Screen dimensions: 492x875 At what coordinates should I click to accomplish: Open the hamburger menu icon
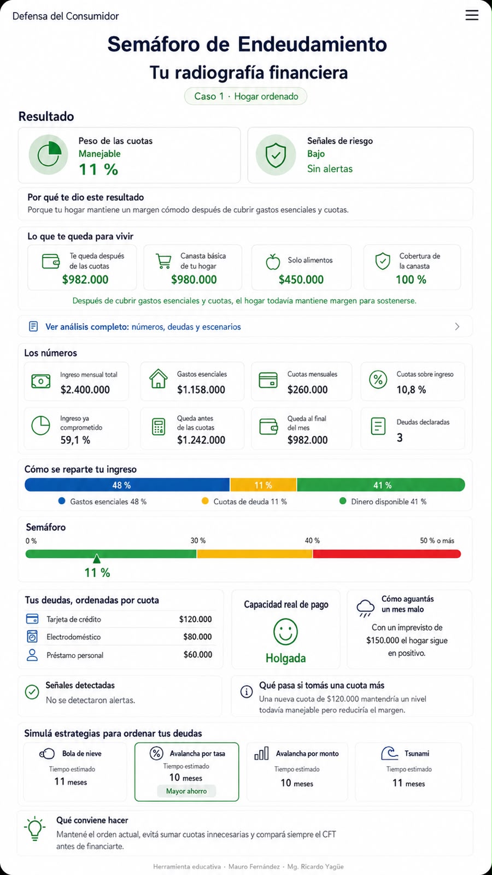point(472,15)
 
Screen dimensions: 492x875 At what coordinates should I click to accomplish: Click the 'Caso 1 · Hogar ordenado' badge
point(245,96)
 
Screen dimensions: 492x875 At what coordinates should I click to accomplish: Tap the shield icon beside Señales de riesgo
point(276,155)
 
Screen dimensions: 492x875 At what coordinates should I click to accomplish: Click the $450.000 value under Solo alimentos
point(301,279)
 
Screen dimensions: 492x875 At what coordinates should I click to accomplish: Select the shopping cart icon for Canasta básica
point(163,261)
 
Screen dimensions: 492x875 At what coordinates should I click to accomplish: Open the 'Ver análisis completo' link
point(143,326)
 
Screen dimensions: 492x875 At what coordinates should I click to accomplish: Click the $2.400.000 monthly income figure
point(85,389)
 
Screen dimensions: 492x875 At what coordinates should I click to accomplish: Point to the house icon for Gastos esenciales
point(158,378)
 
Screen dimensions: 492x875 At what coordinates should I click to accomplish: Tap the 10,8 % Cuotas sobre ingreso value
point(411,389)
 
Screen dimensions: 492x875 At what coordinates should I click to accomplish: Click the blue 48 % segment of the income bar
point(127,485)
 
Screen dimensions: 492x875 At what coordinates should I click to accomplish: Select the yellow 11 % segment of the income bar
point(263,485)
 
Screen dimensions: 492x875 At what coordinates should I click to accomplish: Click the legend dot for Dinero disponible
point(343,501)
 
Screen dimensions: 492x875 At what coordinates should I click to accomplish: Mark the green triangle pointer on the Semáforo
point(96,558)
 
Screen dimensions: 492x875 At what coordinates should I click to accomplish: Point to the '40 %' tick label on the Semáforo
point(312,541)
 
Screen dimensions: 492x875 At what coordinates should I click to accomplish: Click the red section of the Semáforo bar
point(387,553)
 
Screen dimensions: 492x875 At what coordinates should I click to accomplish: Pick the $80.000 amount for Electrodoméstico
point(197,637)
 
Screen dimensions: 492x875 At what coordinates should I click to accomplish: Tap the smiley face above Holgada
point(285,632)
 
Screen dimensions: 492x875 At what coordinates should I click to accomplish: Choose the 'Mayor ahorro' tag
point(186,791)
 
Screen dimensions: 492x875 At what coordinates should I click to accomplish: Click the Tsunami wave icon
point(389,753)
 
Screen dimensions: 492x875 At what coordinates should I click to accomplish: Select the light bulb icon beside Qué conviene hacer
point(35,828)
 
